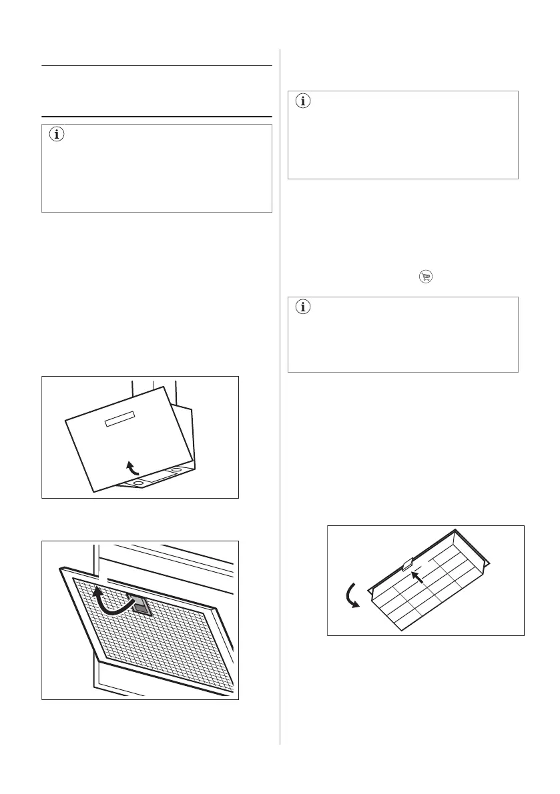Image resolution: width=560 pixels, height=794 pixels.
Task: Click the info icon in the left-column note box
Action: [x=55, y=135]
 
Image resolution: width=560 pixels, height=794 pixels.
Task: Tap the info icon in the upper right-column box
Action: [x=304, y=102]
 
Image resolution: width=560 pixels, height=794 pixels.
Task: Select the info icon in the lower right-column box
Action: [x=304, y=308]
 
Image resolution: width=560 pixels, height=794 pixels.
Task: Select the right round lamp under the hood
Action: [x=176, y=471]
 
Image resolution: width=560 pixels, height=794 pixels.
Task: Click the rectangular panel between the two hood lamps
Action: [x=158, y=475]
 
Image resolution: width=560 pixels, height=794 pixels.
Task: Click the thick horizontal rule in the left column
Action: [x=157, y=117]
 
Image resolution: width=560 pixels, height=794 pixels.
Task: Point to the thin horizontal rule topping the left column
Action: [x=157, y=66]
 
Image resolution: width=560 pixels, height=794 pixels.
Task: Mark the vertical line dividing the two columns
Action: [x=280, y=400]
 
